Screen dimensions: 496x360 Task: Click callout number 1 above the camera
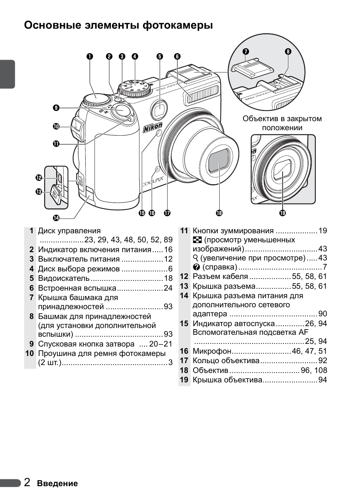[89, 57]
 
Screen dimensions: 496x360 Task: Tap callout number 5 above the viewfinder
[160, 57]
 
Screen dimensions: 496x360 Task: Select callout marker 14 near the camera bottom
[56, 218]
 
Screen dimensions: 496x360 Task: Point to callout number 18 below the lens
[219, 213]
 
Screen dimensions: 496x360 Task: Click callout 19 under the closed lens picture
[283, 213]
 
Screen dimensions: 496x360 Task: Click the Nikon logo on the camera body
[153, 128]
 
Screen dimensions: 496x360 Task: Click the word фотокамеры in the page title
[178, 25]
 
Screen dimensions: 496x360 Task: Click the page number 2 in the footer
[27, 482]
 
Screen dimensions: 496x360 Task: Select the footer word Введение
[57, 484]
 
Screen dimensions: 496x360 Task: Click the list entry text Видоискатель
[64, 278]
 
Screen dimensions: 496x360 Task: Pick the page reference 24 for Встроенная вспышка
[168, 288]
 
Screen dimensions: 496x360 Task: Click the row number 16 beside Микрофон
[184, 351]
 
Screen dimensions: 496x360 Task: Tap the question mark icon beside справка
[196, 267]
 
